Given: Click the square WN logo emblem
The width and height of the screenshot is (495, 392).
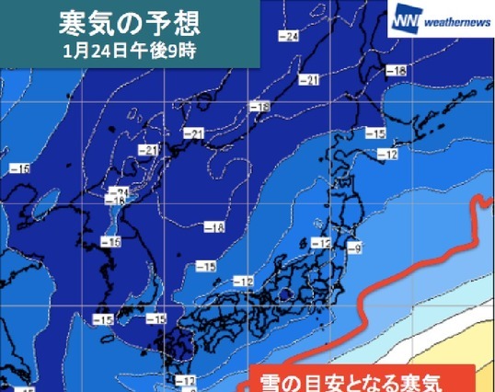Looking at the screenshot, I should [x=406, y=17].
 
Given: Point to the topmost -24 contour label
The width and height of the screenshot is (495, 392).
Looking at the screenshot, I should [x=288, y=36].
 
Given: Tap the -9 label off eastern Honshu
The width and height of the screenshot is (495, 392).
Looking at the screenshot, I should [x=354, y=246].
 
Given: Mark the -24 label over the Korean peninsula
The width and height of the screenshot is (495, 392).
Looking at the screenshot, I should [x=119, y=192].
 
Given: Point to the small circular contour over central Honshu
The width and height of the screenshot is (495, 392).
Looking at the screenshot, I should [x=286, y=294].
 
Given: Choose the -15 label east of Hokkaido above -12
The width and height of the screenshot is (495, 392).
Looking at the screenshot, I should [x=375, y=134].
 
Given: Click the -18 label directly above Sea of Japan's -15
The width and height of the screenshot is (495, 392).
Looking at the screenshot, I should [x=215, y=228].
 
